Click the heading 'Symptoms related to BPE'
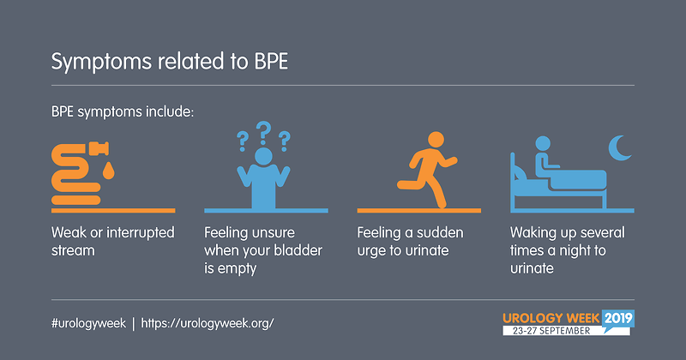point(170,62)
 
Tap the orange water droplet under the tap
point(108,171)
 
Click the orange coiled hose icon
point(75,175)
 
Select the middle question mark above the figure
point(263,133)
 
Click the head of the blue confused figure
point(263,156)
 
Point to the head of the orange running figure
point(436,140)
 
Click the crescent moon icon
point(620,147)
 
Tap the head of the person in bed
point(543,143)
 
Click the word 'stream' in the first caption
point(73,250)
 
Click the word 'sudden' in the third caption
point(440,232)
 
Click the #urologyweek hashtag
point(88,323)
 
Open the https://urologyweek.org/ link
point(208,323)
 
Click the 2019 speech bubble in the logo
point(618,319)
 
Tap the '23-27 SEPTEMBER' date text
point(551,331)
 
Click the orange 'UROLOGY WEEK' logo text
point(551,318)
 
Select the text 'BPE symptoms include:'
point(123,112)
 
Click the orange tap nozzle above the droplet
point(99,149)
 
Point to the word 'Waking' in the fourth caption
point(532,232)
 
